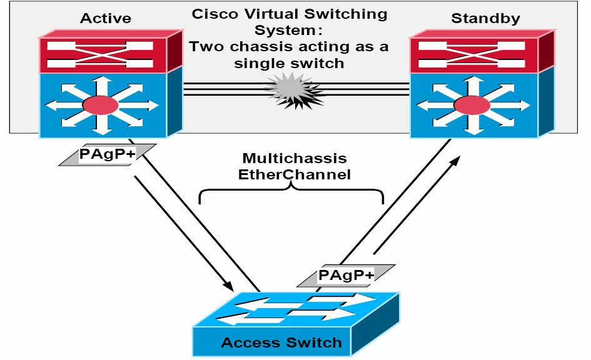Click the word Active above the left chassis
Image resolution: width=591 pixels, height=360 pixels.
click(x=106, y=19)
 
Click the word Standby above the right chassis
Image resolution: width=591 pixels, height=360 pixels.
click(x=485, y=19)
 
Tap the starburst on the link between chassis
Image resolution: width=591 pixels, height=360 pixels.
click(x=295, y=91)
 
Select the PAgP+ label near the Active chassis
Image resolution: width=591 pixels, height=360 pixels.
click(x=107, y=154)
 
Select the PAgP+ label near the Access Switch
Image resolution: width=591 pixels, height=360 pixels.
click(x=346, y=275)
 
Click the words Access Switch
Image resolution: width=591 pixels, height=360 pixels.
click(x=281, y=342)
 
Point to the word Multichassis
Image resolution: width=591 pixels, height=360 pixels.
click(x=295, y=158)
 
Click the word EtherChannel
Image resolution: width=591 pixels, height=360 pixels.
click(x=295, y=175)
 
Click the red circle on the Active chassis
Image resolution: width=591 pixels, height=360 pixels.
click(x=101, y=105)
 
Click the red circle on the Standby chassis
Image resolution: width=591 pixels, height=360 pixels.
click(x=472, y=105)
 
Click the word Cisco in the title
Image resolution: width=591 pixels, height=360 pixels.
click(x=215, y=14)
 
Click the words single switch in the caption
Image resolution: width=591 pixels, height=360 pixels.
click(x=289, y=63)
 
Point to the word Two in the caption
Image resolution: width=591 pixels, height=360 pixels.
click(x=207, y=47)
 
